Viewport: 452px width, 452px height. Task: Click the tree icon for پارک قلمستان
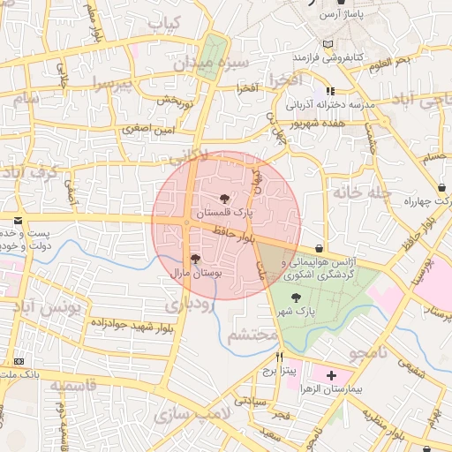pyautogui.click(x=224, y=199)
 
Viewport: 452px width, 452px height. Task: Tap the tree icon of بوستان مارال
pyautogui.click(x=195, y=259)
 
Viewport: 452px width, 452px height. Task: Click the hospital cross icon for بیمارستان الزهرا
pyautogui.click(x=331, y=375)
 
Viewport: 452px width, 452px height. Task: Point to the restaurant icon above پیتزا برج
pyautogui.click(x=281, y=358)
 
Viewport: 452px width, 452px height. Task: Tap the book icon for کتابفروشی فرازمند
pyautogui.click(x=329, y=44)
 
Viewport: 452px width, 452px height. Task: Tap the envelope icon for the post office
pyautogui.click(x=17, y=220)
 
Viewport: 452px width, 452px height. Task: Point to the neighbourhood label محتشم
pyautogui.click(x=252, y=336)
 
